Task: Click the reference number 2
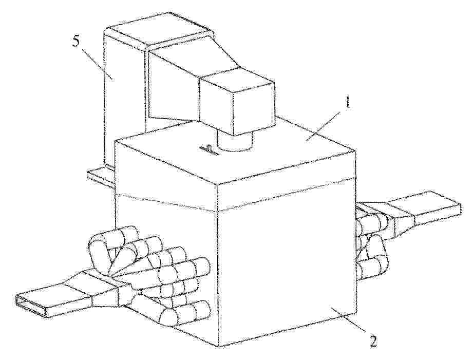click(373, 342)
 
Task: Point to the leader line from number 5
click(97, 63)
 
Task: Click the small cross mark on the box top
click(210, 150)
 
